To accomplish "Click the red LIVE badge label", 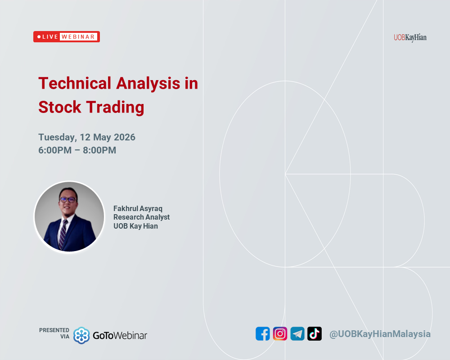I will [47, 37].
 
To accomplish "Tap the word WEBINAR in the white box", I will [78, 37].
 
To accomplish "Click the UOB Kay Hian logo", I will [410, 38].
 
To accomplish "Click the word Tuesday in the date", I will [57, 137].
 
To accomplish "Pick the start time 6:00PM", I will [55, 150].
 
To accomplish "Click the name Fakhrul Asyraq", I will [138, 208].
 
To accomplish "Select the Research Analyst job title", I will [141, 217].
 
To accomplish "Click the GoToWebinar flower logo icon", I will [81, 335].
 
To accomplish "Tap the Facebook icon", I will [263, 334].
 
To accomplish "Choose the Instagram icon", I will [280, 334].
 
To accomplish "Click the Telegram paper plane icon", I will [297, 334].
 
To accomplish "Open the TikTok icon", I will [315, 334].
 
